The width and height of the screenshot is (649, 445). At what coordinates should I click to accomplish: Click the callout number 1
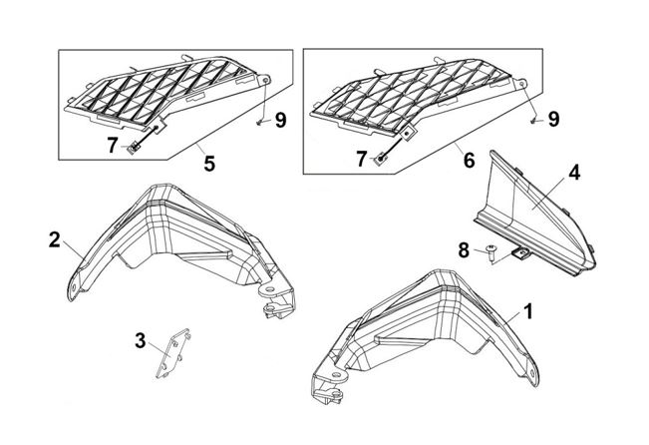pyautogui.click(x=527, y=311)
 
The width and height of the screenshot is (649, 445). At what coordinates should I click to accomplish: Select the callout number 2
pyautogui.click(x=54, y=239)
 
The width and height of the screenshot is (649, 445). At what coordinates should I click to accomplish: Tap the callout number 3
pyautogui.click(x=141, y=341)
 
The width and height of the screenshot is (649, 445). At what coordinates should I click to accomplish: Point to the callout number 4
pyautogui.click(x=574, y=173)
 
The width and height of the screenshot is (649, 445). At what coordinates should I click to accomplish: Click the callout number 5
pyautogui.click(x=209, y=164)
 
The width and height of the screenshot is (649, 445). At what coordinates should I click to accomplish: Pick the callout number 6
pyautogui.click(x=469, y=161)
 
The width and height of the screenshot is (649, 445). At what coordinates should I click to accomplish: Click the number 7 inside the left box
pyautogui.click(x=113, y=146)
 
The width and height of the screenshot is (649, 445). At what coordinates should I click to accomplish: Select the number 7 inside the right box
pyautogui.click(x=362, y=159)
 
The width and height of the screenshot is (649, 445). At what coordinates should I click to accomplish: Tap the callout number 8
pyautogui.click(x=464, y=250)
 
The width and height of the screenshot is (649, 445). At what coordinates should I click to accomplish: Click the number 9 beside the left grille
pyautogui.click(x=280, y=120)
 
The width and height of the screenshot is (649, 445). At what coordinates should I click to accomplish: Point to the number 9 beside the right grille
pyautogui.click(x=553, y=119)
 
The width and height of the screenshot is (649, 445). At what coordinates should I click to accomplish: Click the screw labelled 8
pyautogui.click(x=491, y=252)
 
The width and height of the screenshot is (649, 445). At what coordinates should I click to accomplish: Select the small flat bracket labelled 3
pyautogui.click(x=172, y=353)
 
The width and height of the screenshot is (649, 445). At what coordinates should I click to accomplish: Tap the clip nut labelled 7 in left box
pyautogui.click(x=134, y=147)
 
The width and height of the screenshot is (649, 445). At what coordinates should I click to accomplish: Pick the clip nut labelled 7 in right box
pyautogui.click(x=380, y=158)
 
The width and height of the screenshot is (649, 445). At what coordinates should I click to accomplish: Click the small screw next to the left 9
pyautogui.click(x=258, y=123)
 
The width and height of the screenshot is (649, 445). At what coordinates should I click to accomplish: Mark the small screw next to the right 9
pyautogui.click(x=533, y=121)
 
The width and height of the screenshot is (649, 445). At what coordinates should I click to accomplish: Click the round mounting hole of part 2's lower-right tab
pyautogui.click(x=270, y=289)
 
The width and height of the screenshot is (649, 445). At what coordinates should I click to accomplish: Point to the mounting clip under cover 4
pyautogui.click(x=520, y=252)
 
